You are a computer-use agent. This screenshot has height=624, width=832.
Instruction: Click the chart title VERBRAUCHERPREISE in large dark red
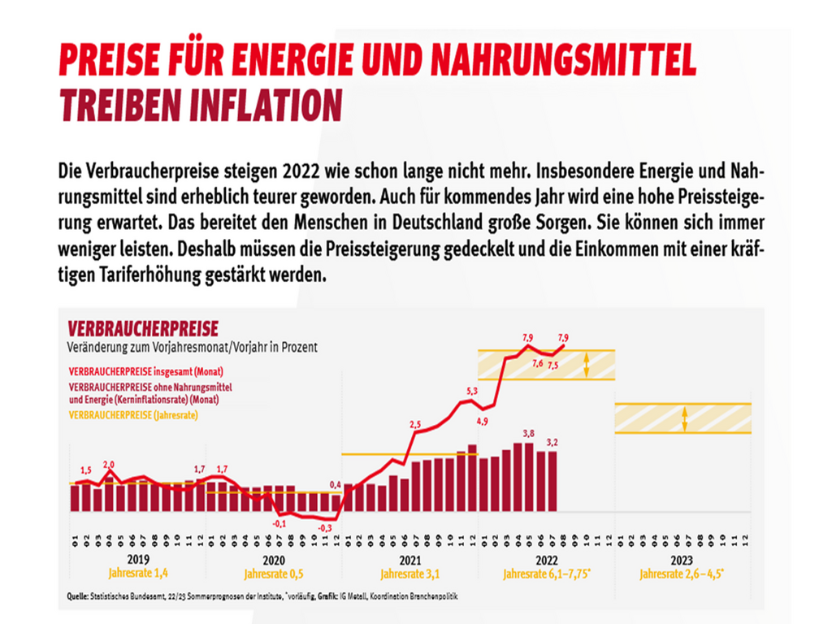pos(143,328)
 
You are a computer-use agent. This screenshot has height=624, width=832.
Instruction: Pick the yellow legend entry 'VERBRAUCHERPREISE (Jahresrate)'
pos(134,414)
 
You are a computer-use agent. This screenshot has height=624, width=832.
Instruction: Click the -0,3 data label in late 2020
pos(324,527)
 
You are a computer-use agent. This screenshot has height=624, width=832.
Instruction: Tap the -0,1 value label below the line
pos(279,523)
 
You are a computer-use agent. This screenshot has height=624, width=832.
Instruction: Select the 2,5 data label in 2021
pos(415,424)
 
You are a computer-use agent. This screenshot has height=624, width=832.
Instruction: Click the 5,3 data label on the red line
pos(472,391)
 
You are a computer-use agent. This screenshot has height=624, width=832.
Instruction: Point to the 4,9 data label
pos(482,420)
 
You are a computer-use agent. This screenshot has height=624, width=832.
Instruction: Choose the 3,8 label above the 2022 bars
pos(528,433)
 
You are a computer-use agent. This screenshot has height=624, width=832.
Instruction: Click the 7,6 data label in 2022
pos(537,363)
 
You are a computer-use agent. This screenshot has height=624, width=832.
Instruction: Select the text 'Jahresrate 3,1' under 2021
pos(409,575)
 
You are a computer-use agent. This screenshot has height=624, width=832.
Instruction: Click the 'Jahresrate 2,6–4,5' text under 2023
pos(682,575)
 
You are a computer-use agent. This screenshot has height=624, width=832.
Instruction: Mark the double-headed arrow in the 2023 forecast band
pos(685,418)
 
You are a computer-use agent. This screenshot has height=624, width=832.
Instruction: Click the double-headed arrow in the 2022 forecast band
pos(587,365)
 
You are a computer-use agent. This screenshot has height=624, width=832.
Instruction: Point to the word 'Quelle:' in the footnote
pos(78,596)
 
